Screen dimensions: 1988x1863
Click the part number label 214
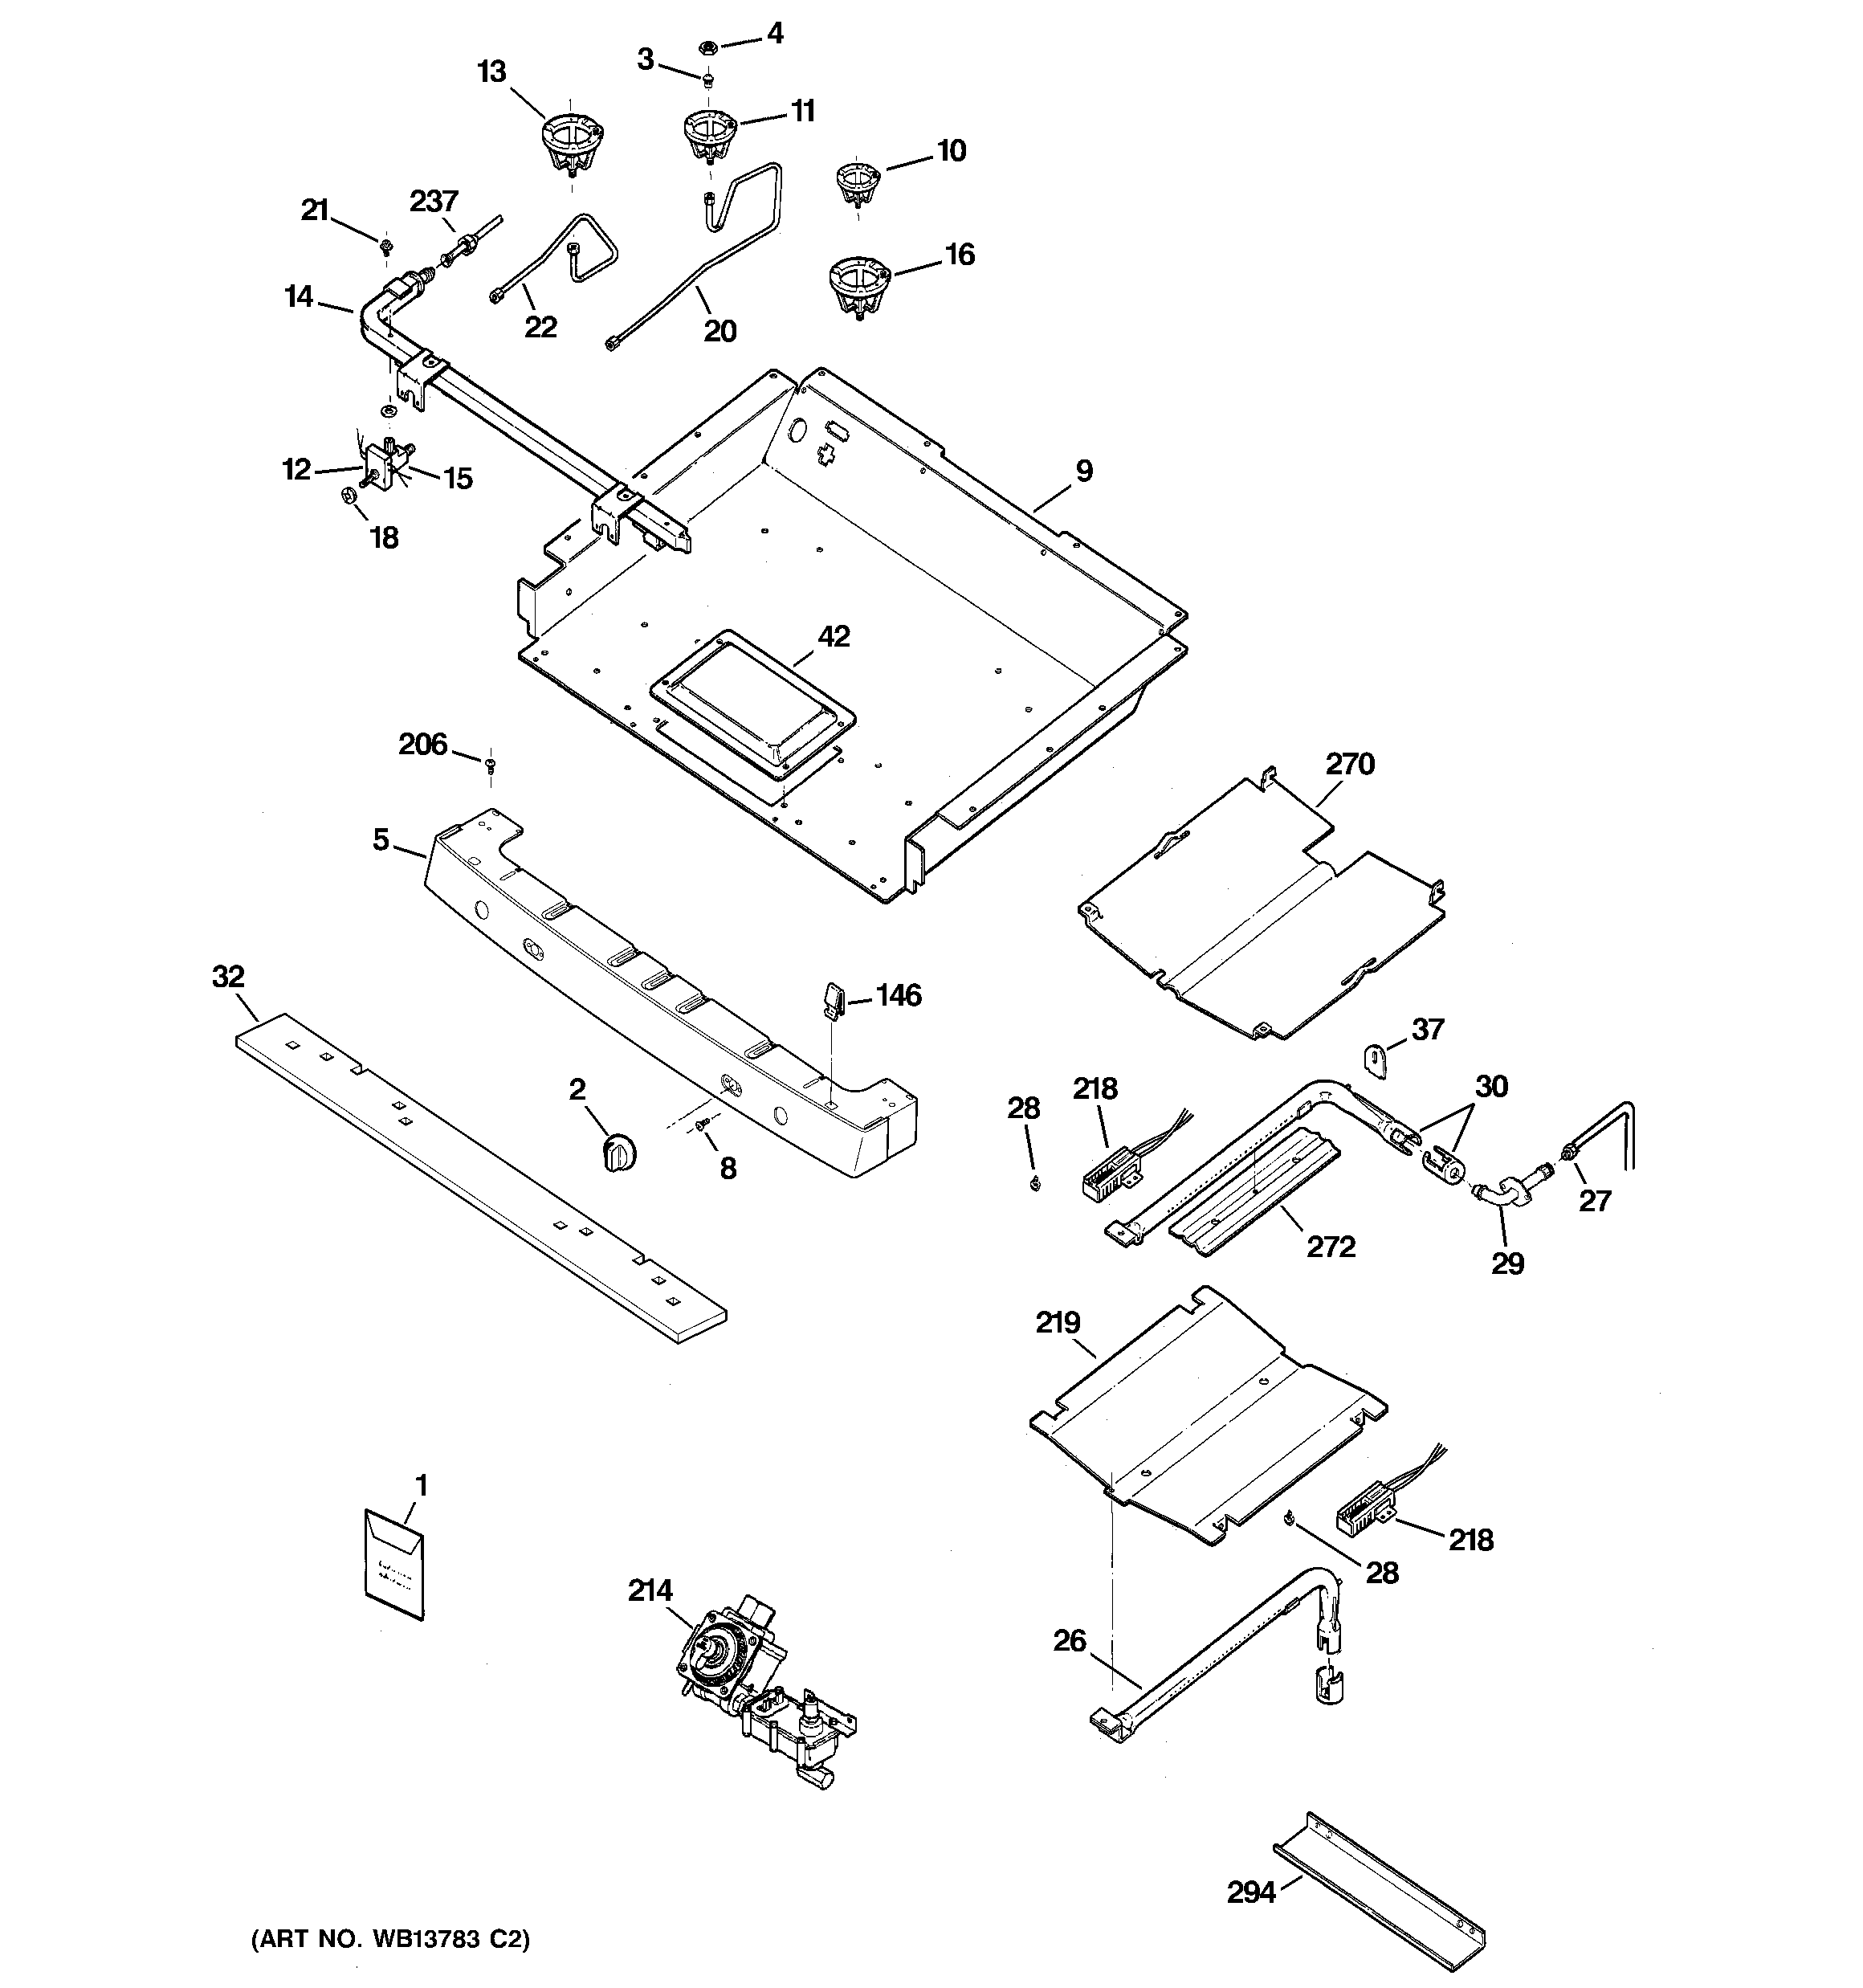coord(650,1590)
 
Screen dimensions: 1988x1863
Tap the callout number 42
coord(833,636)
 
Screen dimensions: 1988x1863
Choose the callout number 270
coord(1350,764)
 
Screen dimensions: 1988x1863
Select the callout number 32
coord(228,976)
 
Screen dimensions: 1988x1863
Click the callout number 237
coord(433,201)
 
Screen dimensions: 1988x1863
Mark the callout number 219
coord(1057,1323)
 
